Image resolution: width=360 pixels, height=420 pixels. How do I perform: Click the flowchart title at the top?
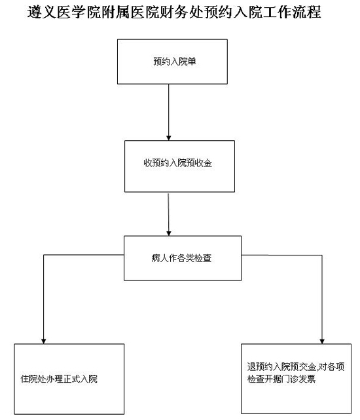click(x=174, y=12)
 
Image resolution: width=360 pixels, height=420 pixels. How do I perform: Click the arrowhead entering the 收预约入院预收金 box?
click(x=169, y=138)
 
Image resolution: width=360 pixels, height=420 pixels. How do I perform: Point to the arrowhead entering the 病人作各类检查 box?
click(x=169, y=233)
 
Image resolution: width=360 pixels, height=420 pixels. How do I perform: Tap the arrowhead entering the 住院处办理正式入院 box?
click(x=44, y=341)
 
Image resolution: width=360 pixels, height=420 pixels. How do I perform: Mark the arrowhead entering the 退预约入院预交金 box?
click(x=322, y=341)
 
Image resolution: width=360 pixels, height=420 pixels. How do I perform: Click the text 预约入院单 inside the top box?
click(x=175, y=62)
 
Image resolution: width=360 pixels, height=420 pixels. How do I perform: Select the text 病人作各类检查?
click(x=181, y=258)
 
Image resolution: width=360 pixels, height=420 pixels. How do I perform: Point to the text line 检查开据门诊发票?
click(x=281, y=379)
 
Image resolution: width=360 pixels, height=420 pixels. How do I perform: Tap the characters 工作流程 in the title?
click(x=292, y=12)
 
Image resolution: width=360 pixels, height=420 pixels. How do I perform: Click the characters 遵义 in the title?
click(x=42, y=12)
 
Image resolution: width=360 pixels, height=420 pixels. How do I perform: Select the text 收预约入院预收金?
click(x=178, y=162)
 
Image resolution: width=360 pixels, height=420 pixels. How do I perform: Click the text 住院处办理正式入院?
click(x=59, y=379)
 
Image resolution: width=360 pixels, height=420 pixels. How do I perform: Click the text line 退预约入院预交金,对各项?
click(x=296, y=366)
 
